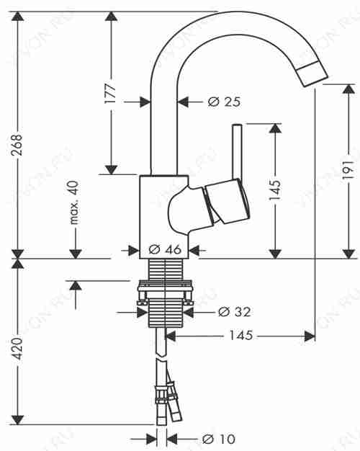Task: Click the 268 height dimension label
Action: [x=17, y=145]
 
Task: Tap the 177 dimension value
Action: [x=110, y=94]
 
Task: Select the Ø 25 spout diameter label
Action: [x=225, y=102]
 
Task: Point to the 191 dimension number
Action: [x=348, y=170]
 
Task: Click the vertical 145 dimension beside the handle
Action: [x=274, y=190]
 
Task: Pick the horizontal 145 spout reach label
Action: [x=241, y=336]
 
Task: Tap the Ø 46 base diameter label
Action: [x=165, y=249]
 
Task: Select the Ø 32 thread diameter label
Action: [x=234, y=312]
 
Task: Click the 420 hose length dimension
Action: [x=17, y=349]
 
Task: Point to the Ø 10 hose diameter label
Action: [x=219, y=439]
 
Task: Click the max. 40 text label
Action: [x=73, y=202]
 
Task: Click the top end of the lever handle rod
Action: [x=237, y=125]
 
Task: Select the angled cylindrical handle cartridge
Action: [x=227, y=201]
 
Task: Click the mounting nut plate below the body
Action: [x=165, y=284]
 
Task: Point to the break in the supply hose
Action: [x=161, y=357]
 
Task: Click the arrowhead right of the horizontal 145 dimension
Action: [x=310, y=336]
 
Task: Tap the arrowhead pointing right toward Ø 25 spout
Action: [x=145, y=102]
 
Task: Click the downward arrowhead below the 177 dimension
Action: [x=111, y=170]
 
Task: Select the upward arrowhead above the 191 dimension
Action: [x=348, y=89]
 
